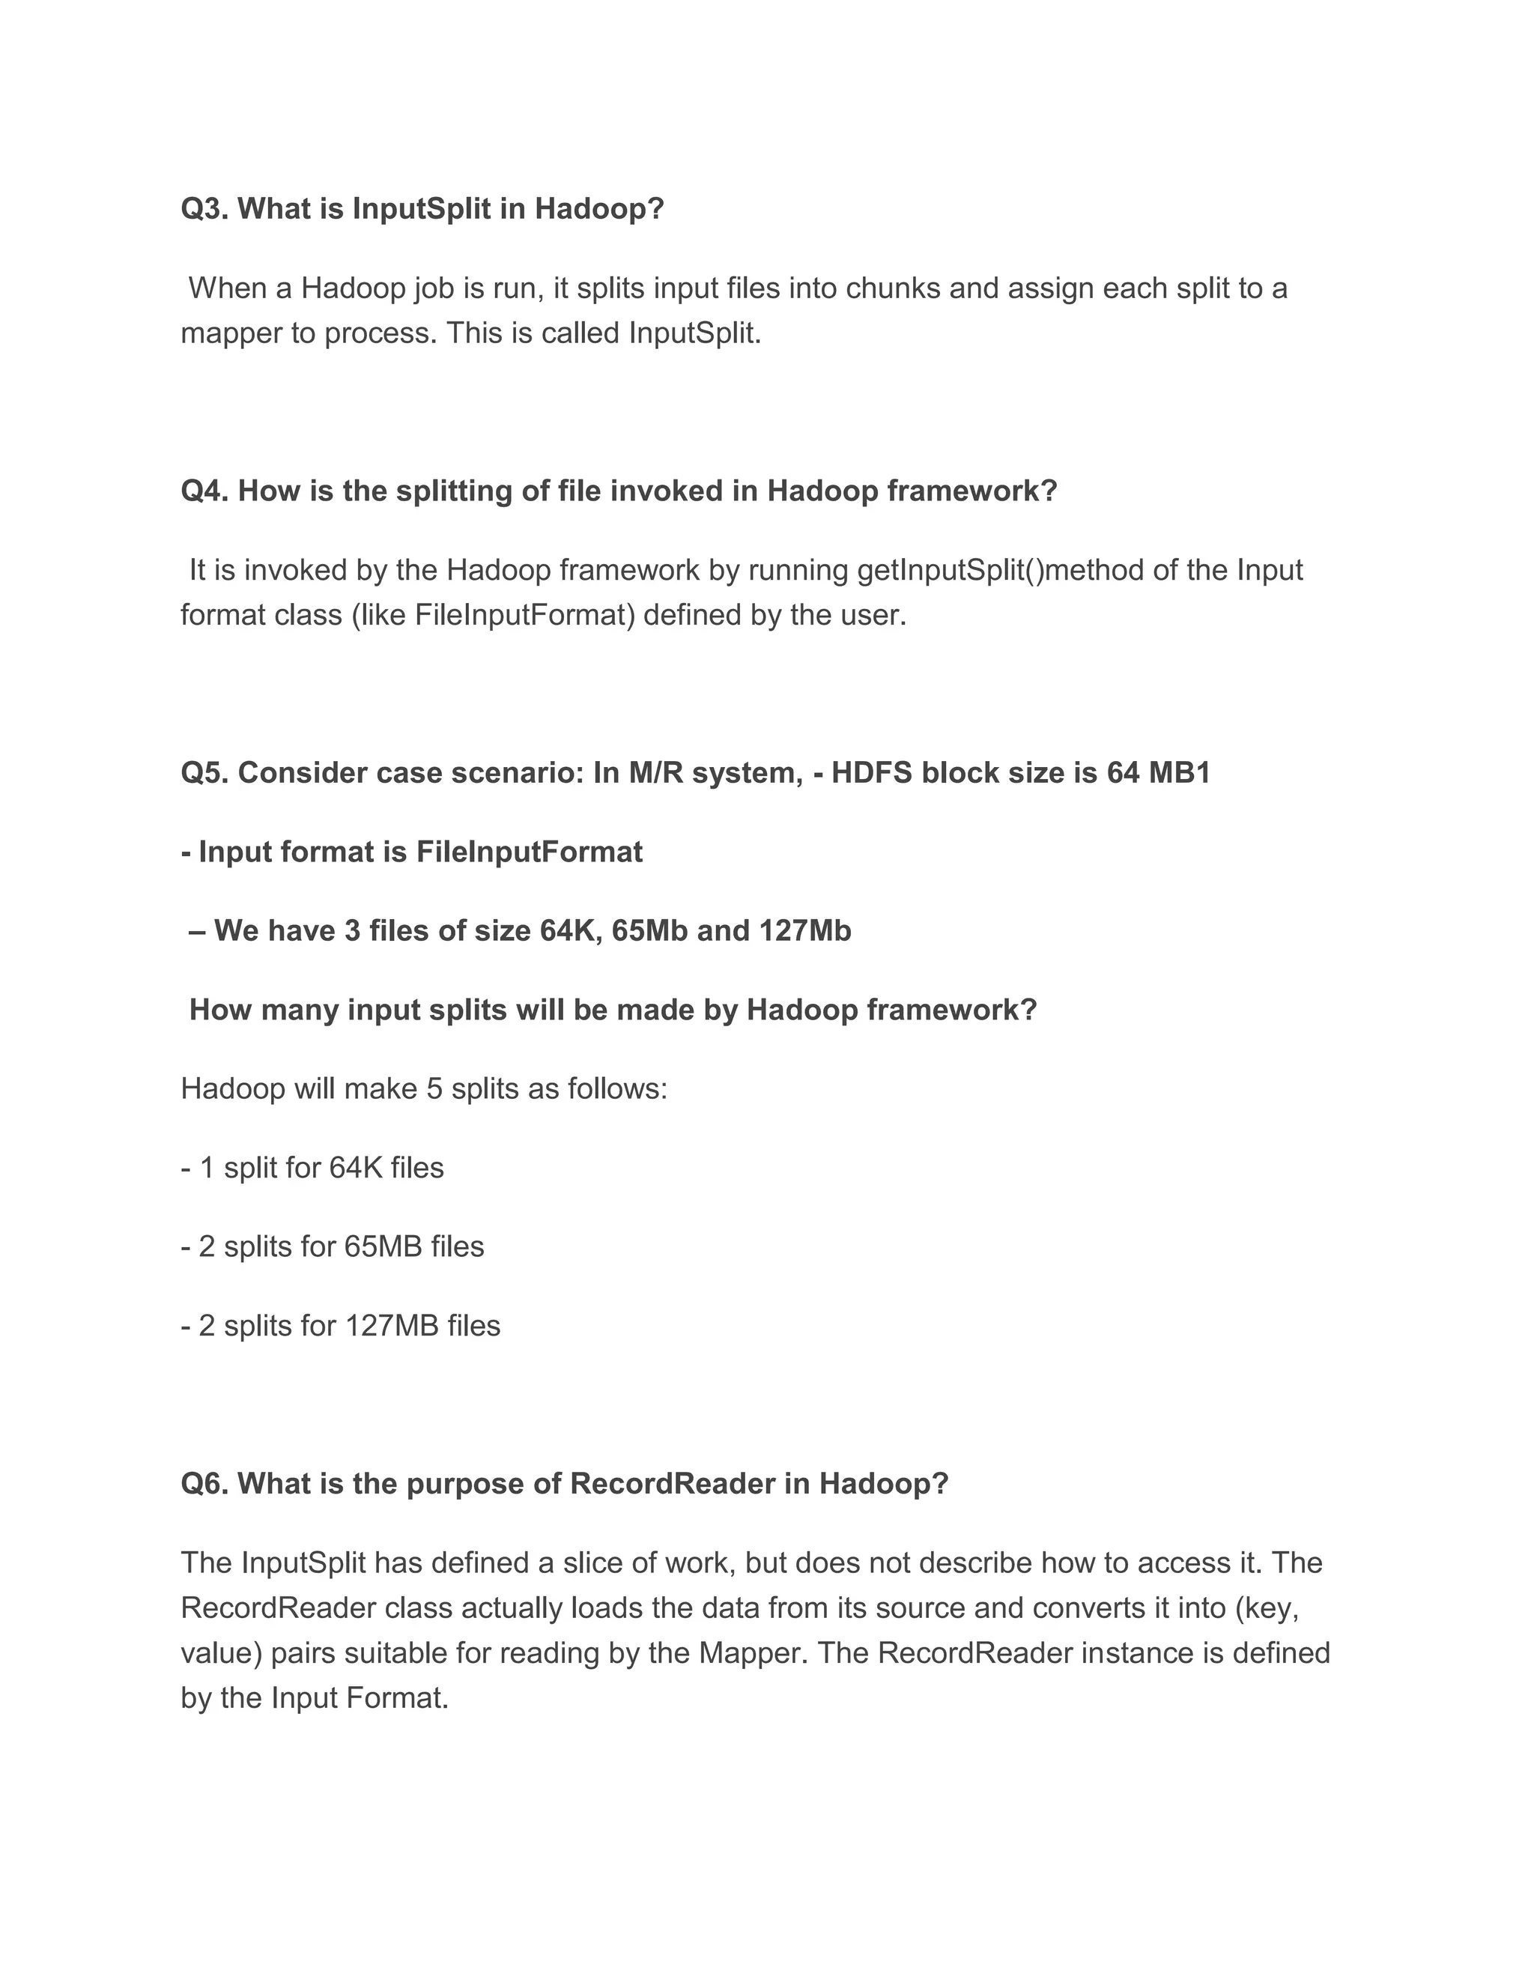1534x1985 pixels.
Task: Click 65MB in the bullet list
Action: click(383, 1246)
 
